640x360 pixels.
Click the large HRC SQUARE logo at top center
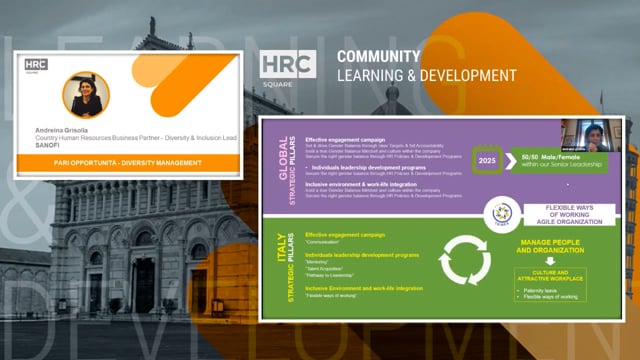288,69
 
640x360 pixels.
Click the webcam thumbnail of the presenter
587,136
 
